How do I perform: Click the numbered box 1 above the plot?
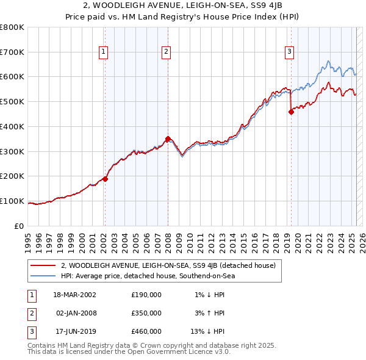(104, 52)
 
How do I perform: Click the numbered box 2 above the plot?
(166, 52)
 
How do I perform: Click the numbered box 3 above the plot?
(289, 52)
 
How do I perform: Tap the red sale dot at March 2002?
(105, 179)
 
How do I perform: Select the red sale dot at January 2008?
(168, 139)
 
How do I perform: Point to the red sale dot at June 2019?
(291, 111)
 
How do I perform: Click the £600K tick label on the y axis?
(12, 77)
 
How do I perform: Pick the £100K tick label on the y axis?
(12, 201)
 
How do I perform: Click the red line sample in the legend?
(44, 265)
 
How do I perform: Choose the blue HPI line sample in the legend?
(44, 276)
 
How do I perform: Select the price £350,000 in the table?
(146, 313)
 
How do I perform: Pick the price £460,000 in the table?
(146, 332)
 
